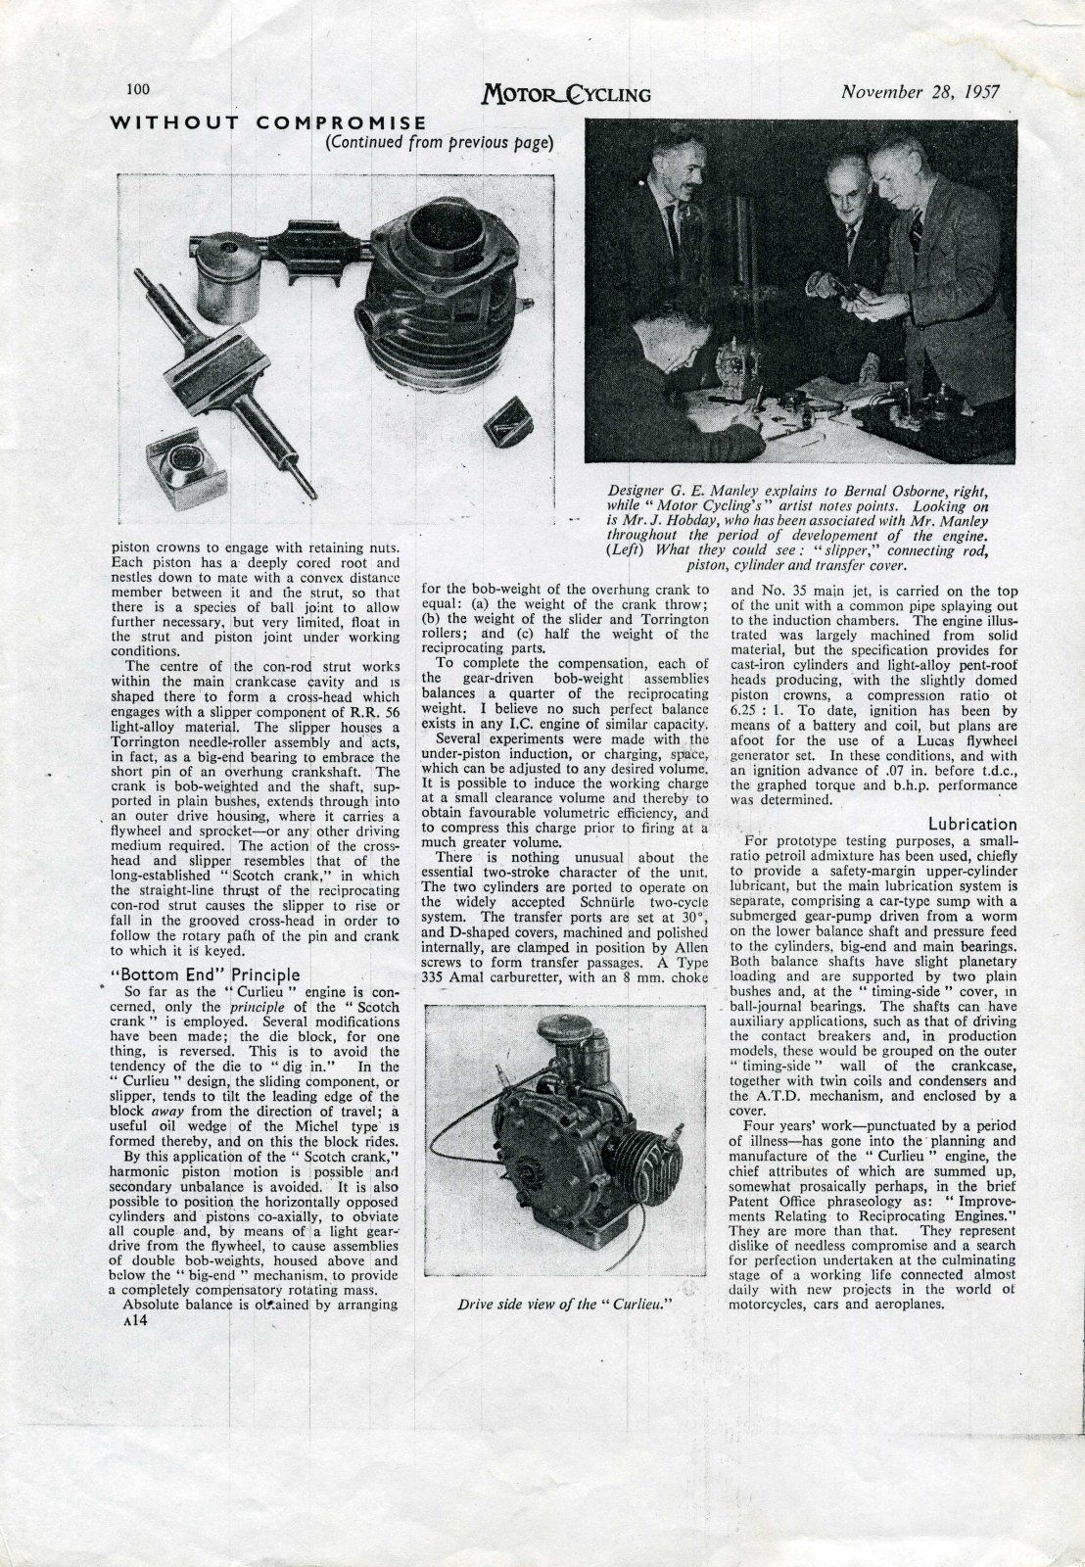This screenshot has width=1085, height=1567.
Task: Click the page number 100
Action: pyautogui.click(x=137, y=89)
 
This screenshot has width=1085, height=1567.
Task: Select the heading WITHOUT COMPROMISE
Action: pyautogui.click(x=267, y=122)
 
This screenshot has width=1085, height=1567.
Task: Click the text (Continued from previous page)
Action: pyautogui.click(x=440, y=142)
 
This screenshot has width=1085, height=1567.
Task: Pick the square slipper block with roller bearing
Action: pyautogui.click(x=186, y=469)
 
